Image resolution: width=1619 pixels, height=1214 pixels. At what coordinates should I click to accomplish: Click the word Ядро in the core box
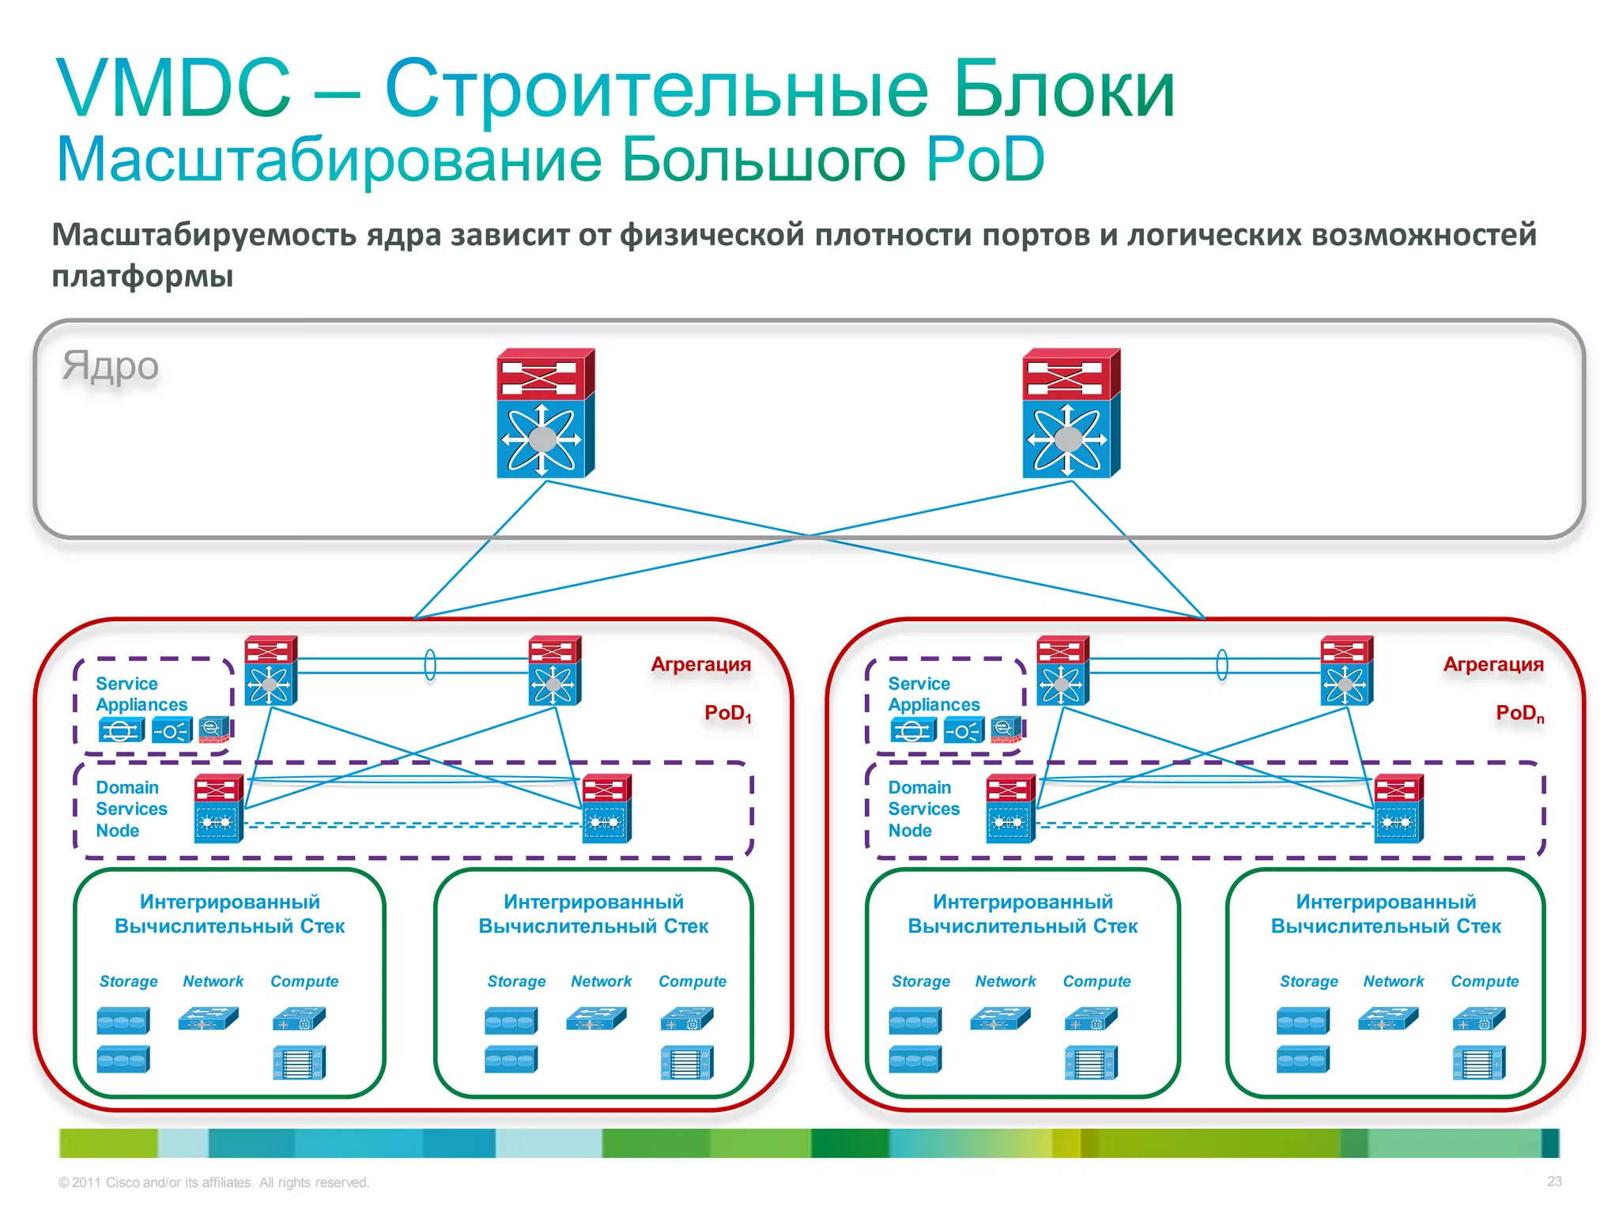[111, 366]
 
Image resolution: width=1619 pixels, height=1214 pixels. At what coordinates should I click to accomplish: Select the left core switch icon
[545, 413]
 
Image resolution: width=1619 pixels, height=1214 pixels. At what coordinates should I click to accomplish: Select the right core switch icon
[1070, 413]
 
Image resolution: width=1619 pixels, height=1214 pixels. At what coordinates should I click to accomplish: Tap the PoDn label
[1519, 714]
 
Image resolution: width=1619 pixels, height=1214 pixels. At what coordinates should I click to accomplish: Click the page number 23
[1554, 1182]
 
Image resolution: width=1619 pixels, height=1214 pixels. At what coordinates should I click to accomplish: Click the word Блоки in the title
[1064, 89]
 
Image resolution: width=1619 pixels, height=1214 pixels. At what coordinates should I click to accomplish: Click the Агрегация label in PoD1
[700, 665]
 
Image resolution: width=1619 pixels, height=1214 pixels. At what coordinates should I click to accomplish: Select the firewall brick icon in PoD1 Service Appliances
[213, 729]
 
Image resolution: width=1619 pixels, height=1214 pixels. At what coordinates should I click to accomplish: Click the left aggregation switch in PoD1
[270, 670]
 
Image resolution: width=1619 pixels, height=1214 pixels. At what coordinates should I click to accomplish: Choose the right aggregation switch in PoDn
[1346, 670]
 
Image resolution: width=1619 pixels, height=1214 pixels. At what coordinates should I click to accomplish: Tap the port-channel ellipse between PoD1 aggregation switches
[430, 665]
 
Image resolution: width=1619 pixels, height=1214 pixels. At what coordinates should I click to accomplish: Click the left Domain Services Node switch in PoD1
[218, 809]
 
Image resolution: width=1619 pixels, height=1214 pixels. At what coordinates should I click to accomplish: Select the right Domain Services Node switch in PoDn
[1398, 809]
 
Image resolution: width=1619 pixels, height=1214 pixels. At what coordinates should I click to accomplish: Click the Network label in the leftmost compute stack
[213, 982]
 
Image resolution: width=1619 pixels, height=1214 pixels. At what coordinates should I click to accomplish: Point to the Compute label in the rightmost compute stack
[1485, 982]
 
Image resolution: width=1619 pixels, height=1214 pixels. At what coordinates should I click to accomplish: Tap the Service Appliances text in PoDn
[933, 694]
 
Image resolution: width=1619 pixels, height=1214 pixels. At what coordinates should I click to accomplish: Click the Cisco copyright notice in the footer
[213, 1182]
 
